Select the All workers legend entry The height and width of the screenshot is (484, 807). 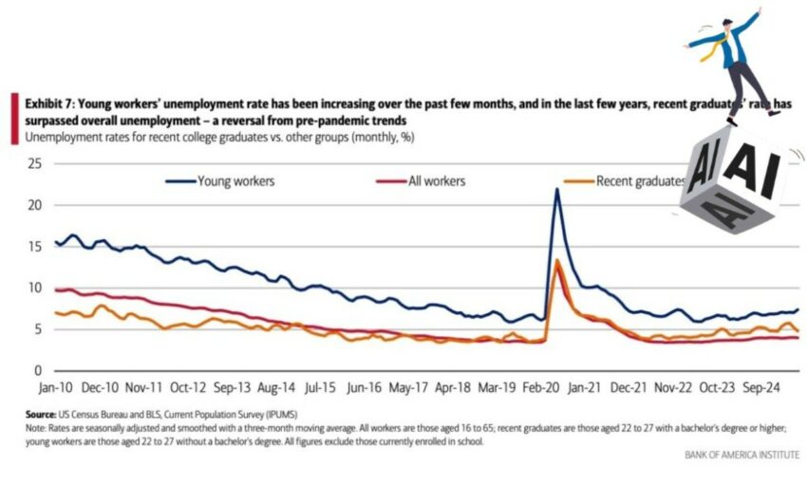click(x=436, y=180)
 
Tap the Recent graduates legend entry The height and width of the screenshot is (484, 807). click(x=640, y=180)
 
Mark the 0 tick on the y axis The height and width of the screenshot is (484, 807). click(x=37, y=370)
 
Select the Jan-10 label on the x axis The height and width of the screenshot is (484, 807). click(x=56, y=388)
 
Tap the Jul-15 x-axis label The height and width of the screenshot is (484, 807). click(x=318, y=388)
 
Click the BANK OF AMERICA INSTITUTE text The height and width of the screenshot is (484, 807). click(x=741, y=455)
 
